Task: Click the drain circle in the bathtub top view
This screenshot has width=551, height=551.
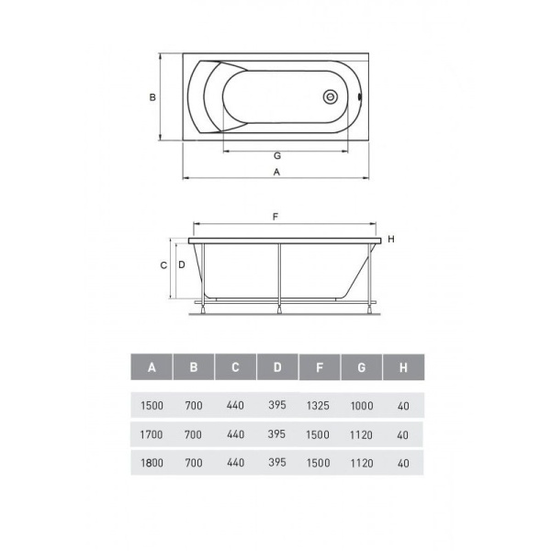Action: [331, 96]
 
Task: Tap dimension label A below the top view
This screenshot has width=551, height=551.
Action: [277, 173]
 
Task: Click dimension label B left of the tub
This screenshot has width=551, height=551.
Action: [152, 97]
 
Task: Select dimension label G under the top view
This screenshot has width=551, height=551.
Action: [277, 156]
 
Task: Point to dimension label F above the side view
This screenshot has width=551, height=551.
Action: [275, 217]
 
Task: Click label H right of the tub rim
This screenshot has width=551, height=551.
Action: [391, 240]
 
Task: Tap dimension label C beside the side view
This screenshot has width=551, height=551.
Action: [163, 265]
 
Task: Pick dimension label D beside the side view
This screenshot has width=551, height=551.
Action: [182, 264]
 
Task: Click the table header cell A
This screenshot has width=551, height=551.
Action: [152, 367]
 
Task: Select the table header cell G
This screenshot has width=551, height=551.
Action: [361, 367]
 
